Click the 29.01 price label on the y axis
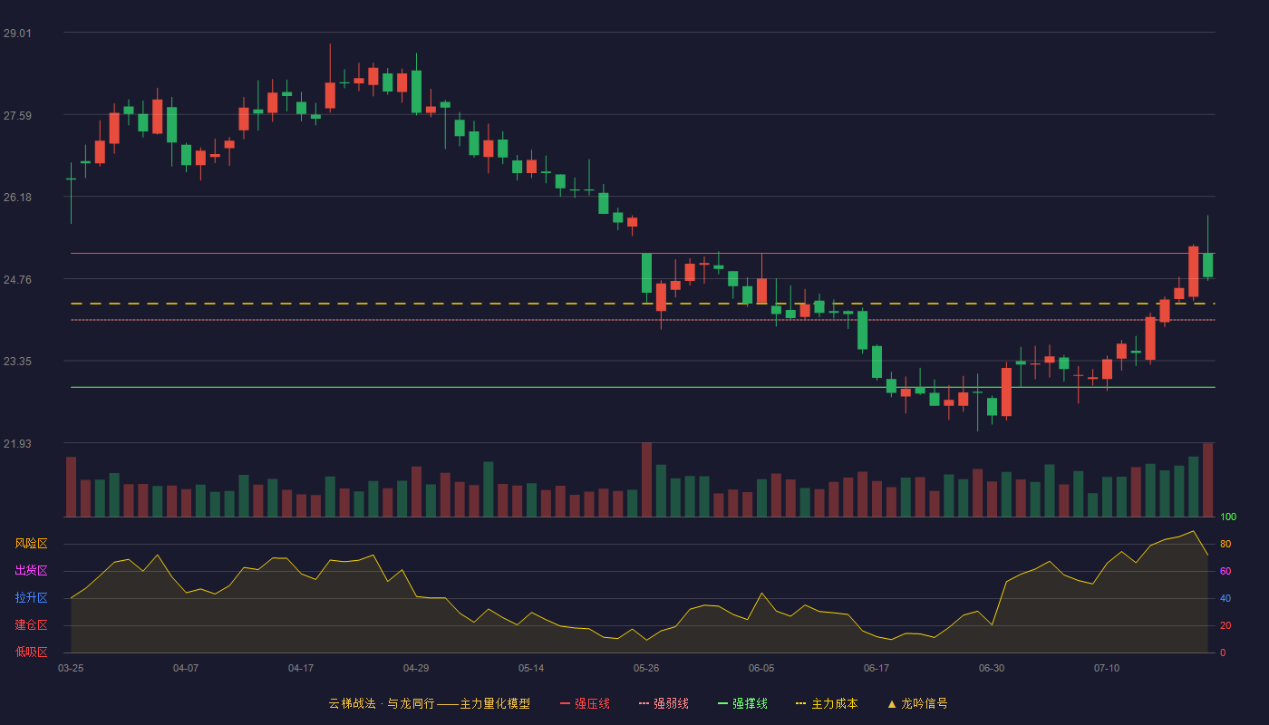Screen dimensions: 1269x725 (x=17, y=34)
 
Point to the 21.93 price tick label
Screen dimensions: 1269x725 (x=17, y=443)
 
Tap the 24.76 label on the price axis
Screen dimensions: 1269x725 (x=17, y=280)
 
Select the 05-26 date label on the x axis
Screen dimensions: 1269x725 (x=646, y=669)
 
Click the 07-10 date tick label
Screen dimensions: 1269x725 (x=1107, y=669)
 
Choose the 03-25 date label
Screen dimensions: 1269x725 (x=71, y=669)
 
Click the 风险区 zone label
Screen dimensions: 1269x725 (x=31, y=544)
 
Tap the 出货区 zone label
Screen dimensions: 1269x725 (x=31, y=570)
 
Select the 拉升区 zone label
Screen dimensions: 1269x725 (x=31, y=597)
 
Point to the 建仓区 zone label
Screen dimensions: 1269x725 (x=31, y=624)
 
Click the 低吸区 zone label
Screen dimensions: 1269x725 (x=31, y=652)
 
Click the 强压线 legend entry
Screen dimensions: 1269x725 (x=585, y=703)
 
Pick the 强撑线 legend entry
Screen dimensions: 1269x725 (x=742, y=703)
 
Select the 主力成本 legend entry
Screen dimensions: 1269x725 (x=827, y=703)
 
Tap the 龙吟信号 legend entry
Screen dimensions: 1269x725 (x=917, y=703)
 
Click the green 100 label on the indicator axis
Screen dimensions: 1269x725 (x=1228, y=517)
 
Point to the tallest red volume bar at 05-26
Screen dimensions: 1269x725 (x=646, y=479)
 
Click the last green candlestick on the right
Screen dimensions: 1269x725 (x=1207, y=265)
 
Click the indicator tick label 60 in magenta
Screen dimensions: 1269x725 (x=1225, y=571)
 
